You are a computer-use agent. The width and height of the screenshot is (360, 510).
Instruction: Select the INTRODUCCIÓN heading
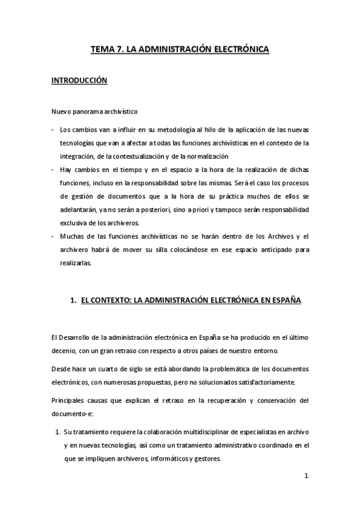click(79, 80)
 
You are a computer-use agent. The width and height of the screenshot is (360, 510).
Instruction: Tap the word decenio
click(64, 351)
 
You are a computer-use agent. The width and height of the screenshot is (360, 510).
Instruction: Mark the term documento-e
click(72, 415)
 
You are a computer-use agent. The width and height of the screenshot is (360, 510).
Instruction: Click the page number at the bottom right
click(306, 476)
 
